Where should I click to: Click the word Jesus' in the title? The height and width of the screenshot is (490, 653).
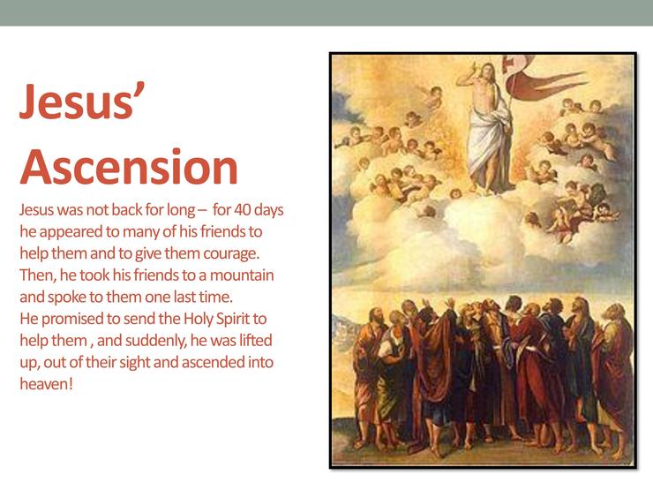coord(82,101)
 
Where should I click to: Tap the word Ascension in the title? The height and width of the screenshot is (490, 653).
coord(129,167)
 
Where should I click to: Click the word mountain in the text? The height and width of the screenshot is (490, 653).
coord(242,275)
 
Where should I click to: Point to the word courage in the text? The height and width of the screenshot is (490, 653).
coord(230,253)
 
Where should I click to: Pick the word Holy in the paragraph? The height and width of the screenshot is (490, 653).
coord(197,319)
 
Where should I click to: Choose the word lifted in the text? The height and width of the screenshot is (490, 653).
coord(255,341)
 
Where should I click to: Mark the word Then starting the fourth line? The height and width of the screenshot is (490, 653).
coord(37,275)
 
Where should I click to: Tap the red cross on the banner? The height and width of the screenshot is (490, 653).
coord(508,63)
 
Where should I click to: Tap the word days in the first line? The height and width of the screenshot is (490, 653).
coord(268,209)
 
